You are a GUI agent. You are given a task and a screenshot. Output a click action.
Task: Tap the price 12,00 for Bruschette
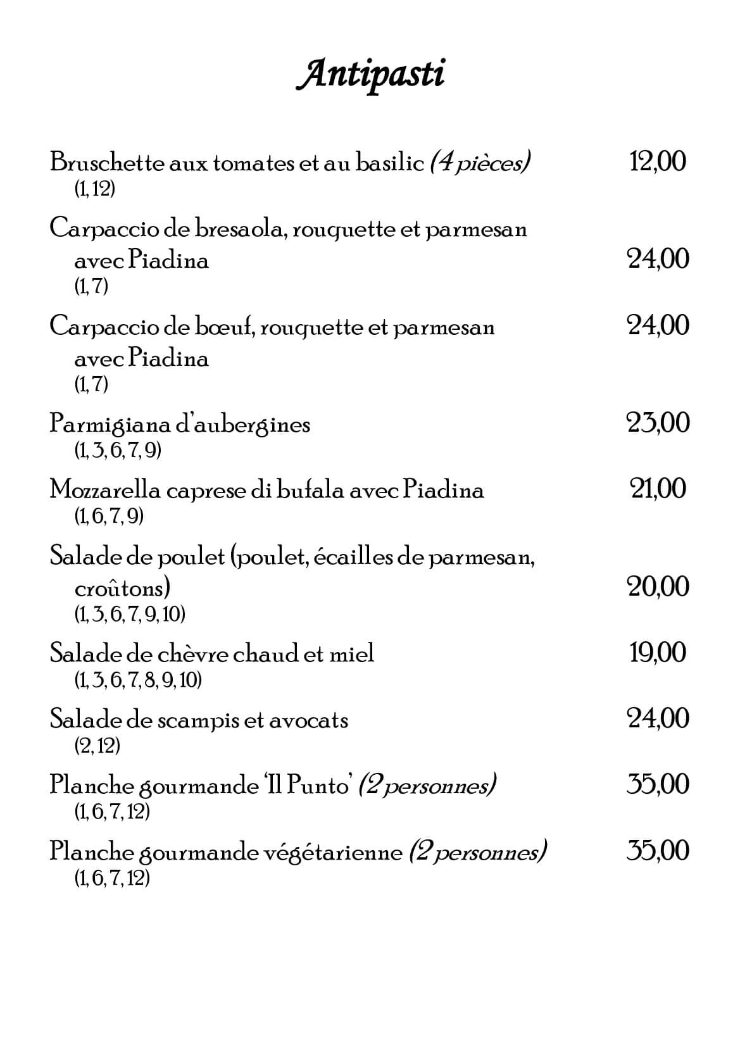(x=658, y=161)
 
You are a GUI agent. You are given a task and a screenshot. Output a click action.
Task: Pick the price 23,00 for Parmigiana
(x=658, y=423)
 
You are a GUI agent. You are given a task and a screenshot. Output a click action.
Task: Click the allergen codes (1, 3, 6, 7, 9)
(x=118, y=450)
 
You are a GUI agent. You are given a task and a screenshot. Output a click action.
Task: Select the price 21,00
(x=658, y=489)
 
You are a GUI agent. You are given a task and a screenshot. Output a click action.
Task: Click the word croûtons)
(x=122, y=589)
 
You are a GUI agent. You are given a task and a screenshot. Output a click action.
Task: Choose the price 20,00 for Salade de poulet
(x=658, y=587)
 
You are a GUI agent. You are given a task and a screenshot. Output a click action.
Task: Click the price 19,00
(x=658, y=652)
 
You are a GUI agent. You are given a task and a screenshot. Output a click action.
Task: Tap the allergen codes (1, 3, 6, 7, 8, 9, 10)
(x=138, y=680)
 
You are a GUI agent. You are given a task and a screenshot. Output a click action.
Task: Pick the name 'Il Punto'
(x=308, y=786)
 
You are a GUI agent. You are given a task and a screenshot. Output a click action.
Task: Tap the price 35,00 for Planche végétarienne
(x=658, y=850)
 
